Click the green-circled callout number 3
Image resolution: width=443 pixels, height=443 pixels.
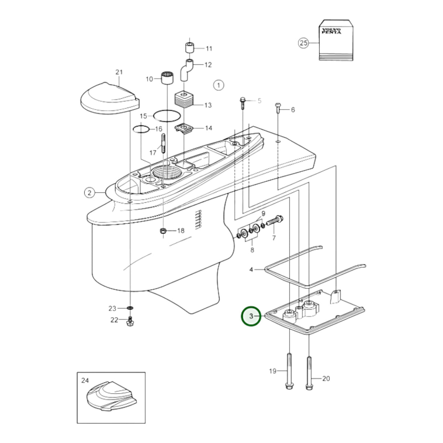[251, 316]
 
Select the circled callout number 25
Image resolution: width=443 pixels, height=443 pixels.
[303, 43]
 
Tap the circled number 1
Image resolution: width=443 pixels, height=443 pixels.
[218, 85]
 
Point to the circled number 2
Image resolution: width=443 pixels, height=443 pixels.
[89, 192]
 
